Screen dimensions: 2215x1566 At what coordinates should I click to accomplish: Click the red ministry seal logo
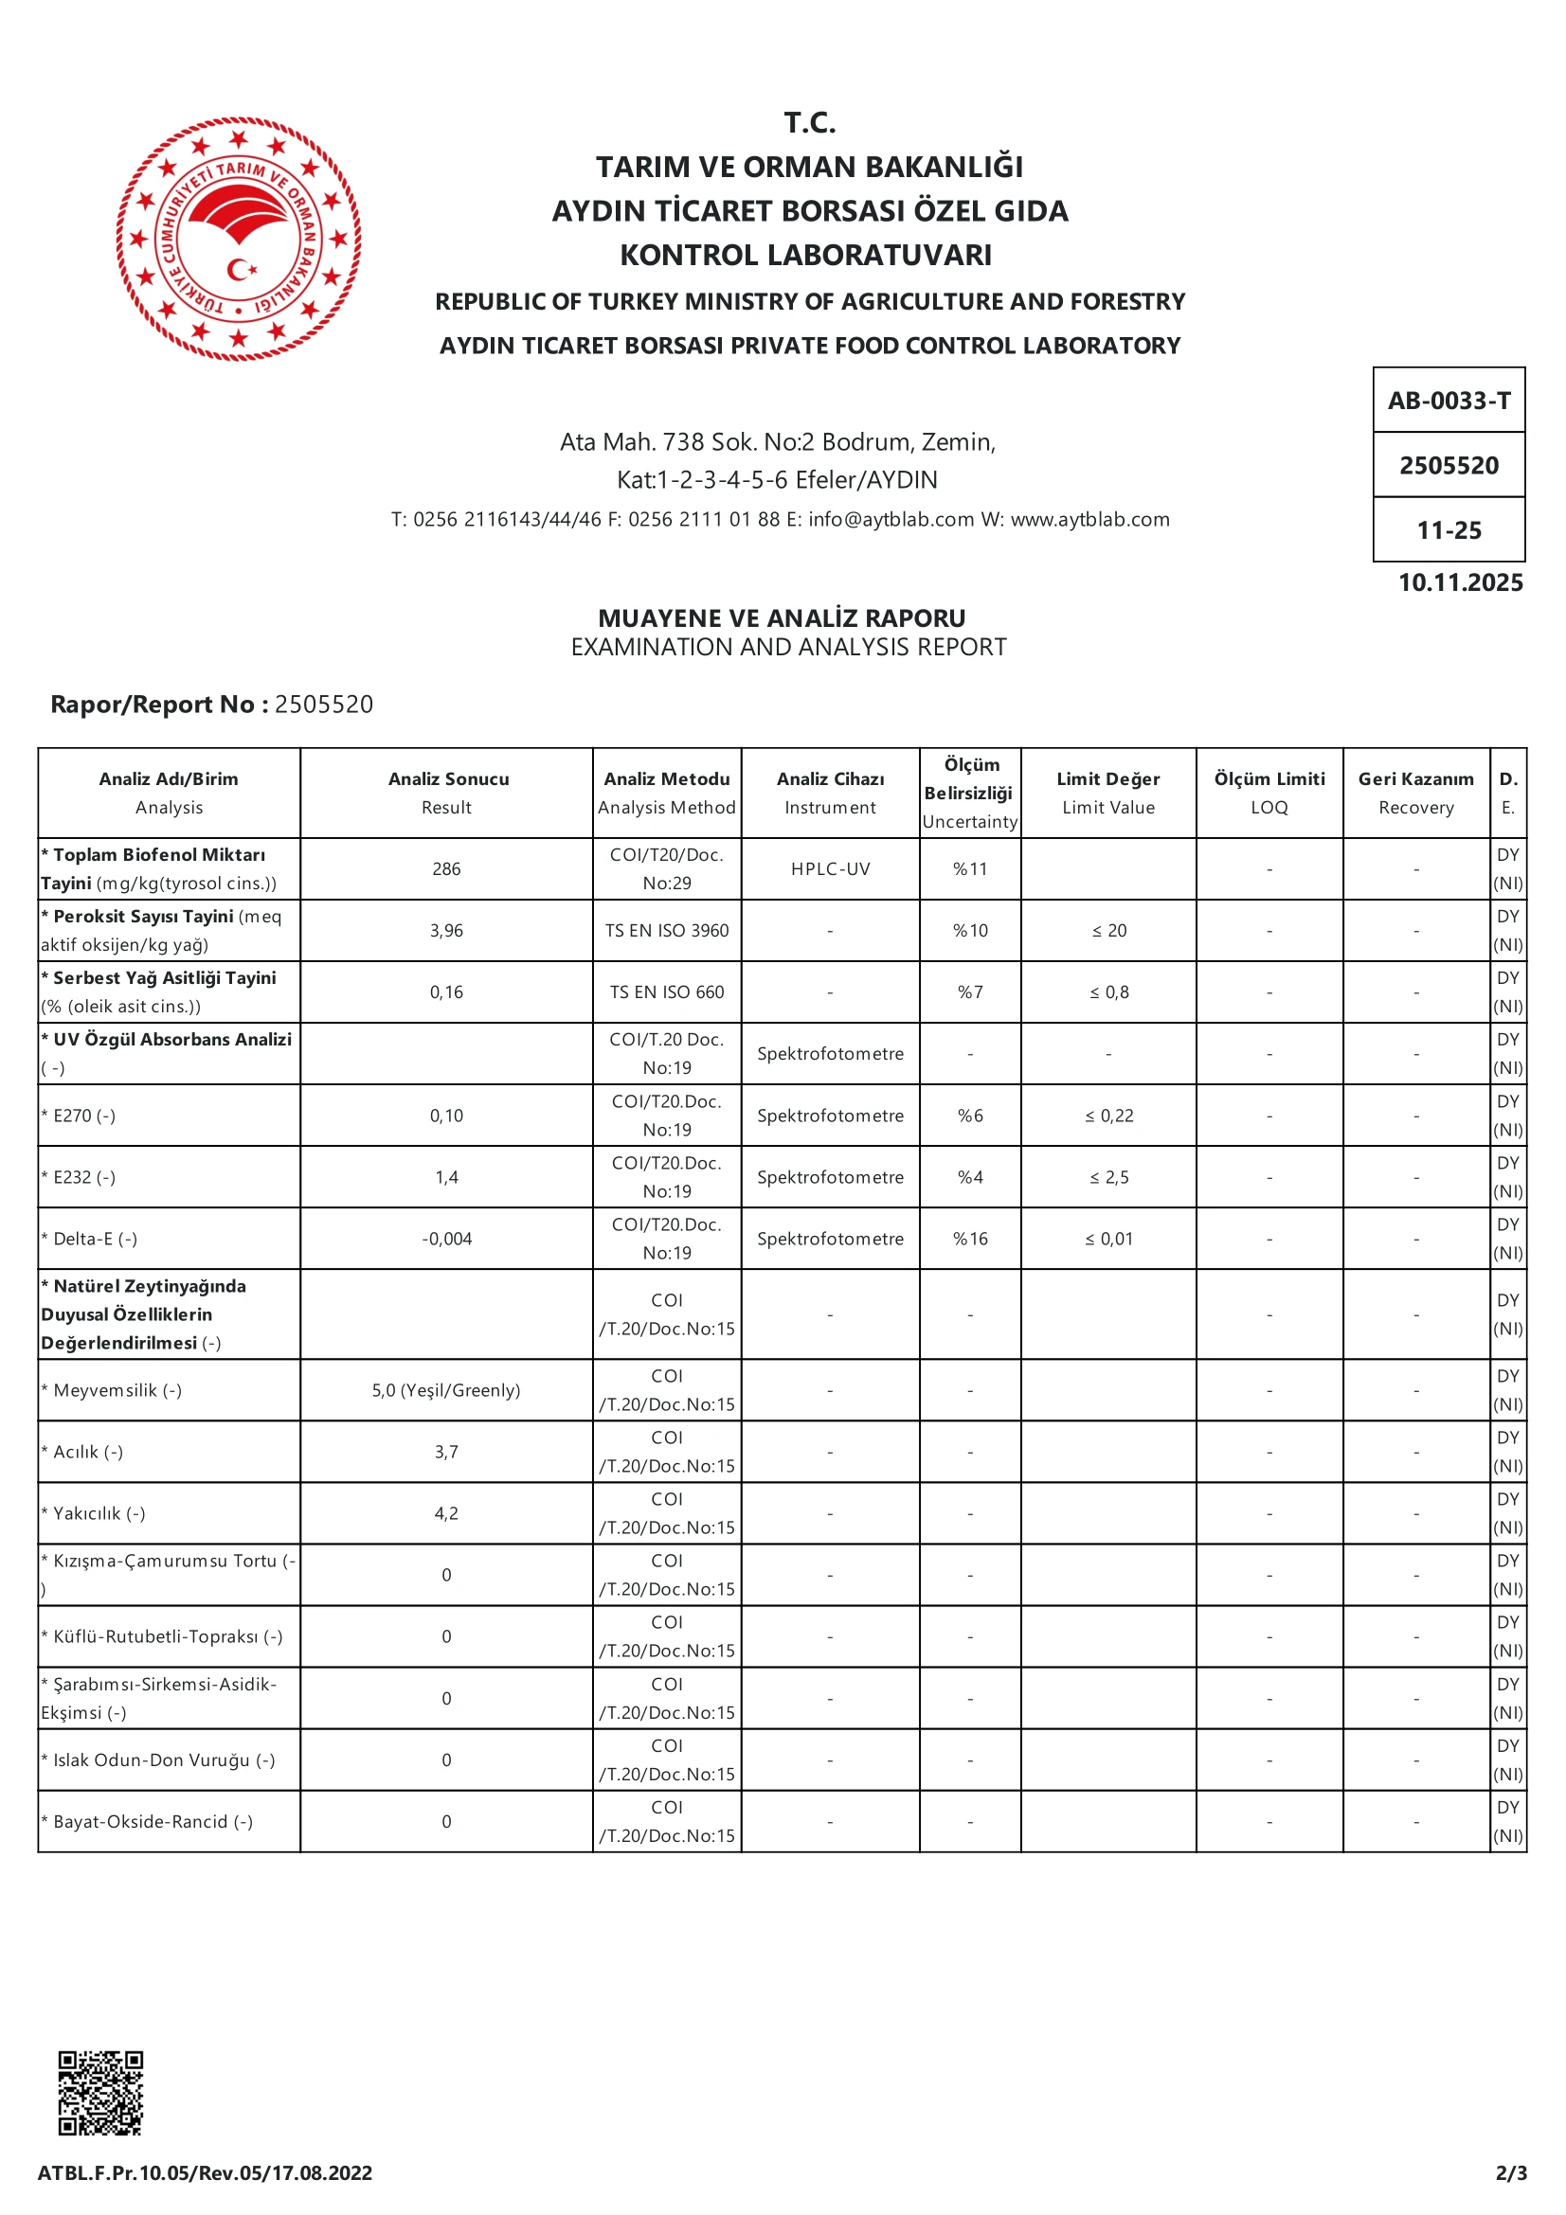[239, 239]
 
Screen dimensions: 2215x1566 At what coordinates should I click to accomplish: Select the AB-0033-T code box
[1449, 401]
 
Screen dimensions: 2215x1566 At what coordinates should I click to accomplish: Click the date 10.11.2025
[1460, 582]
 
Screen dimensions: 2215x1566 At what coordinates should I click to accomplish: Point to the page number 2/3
[1511, 2172]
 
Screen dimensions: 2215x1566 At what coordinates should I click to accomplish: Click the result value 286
[446, 869]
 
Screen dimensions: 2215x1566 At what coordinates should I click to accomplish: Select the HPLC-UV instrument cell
[830, 869]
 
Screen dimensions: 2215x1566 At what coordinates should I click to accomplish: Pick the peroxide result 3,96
[446, 931]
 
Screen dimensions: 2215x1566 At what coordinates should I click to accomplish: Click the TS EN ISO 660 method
[667, 992]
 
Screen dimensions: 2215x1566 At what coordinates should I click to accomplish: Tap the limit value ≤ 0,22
[1108, 1116]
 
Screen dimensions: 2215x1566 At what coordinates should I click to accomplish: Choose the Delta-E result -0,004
[446, 1240]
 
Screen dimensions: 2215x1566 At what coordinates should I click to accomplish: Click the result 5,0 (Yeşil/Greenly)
[446, 1390]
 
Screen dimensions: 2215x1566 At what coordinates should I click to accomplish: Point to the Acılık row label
[88, 1452]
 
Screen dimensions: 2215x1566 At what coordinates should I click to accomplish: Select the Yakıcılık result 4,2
[446, 1513]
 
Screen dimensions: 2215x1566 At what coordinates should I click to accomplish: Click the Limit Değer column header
[1107, 793]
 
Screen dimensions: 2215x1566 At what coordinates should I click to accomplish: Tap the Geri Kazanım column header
[1415, 793]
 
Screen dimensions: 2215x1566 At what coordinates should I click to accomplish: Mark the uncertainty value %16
[970, 1240]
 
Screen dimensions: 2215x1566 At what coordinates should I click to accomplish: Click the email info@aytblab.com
[891, 520]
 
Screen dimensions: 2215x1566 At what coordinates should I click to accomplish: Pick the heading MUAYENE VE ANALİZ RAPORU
[782, 618]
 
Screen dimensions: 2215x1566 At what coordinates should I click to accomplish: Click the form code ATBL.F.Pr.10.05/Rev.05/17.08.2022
[205, 2172]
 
